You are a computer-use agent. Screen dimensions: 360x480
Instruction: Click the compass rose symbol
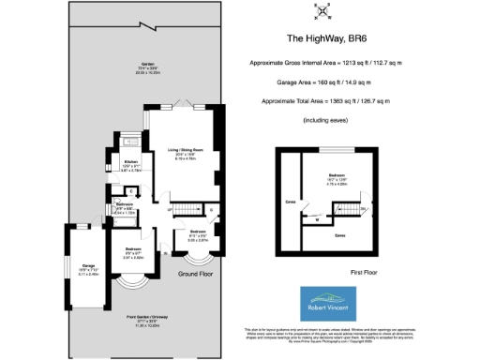tap(323, 11)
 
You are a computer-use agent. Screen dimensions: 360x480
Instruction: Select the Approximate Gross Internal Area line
tap(324, 62)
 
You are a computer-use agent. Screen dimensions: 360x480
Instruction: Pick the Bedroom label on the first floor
tap(337, 179)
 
